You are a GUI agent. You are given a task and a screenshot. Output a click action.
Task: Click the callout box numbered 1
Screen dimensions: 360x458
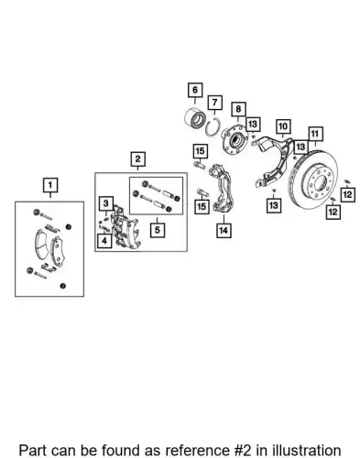pyautogui.click(x=50, y=185)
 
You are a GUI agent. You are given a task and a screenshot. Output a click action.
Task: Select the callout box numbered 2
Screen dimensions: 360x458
pyautogui.click(x=138, y=159)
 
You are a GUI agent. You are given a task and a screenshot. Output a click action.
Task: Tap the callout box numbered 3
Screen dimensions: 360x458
pyautogui.click(x=106, y=203)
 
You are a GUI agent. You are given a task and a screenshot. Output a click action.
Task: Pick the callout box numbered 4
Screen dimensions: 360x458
pyautogui.click(x=104, y=241)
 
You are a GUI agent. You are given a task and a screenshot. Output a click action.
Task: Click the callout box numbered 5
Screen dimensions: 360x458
pyautogui.click(x=158, y=230)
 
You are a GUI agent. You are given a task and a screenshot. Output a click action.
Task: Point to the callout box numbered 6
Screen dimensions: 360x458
pyautogui.click(x=195, y=90)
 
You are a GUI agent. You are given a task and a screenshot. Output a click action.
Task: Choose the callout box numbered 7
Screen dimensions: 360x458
pyautogui.click(x=215, y=103)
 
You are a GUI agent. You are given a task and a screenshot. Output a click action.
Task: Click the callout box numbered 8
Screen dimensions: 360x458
pyautogui.click(x=238, y=109)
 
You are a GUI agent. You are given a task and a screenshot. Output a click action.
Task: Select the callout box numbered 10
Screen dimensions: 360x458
pyautogui.click(x=283, y=126)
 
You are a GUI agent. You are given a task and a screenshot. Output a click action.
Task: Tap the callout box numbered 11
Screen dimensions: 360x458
pyautogui.click(x=315, y=134)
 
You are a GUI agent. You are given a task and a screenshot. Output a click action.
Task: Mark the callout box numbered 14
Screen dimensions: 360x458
pyautogui.click(x=224, y=230)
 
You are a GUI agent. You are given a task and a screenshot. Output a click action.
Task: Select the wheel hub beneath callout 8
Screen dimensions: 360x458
pyautogui.click(x=235, y=140)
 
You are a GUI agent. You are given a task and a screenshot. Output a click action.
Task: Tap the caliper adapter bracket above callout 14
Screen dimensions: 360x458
pyautogui.click(x=221, y=188)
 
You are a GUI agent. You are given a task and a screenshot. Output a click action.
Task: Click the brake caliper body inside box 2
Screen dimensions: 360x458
pyautogui.click(x=125, y=228)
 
